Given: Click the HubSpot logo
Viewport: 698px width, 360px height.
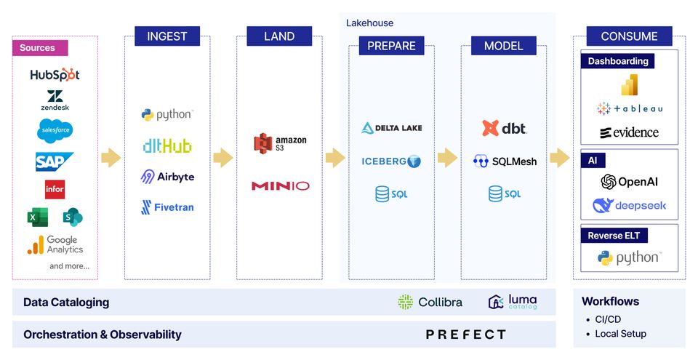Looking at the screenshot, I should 55,74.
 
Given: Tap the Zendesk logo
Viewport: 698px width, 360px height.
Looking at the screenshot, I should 55,100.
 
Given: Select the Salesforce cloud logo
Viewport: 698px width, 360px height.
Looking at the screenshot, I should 55,130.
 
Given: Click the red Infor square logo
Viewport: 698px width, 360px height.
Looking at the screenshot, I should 55,189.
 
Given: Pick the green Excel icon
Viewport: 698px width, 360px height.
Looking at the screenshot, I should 38,217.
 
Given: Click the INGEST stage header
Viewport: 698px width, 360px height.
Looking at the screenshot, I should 167,36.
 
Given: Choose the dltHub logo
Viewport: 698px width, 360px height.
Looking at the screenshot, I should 167,146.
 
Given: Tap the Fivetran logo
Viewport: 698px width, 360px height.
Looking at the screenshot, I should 167,207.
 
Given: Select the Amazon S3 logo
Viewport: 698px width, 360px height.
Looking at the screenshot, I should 280,143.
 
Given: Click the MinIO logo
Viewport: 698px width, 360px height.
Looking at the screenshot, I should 280,186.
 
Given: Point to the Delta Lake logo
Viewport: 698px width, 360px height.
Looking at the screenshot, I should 391,128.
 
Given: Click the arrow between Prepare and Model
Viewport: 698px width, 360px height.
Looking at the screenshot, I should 447,158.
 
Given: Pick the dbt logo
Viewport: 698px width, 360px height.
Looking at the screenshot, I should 504,128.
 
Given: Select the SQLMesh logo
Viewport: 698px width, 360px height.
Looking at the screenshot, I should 505,161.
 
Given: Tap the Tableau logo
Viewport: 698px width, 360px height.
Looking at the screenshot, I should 630,108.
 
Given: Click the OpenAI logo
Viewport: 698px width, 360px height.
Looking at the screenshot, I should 630,182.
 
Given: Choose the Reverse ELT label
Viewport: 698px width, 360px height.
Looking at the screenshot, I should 614,236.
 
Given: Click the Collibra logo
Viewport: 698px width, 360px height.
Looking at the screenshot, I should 430,302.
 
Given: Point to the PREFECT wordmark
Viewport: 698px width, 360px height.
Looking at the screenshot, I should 465,335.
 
